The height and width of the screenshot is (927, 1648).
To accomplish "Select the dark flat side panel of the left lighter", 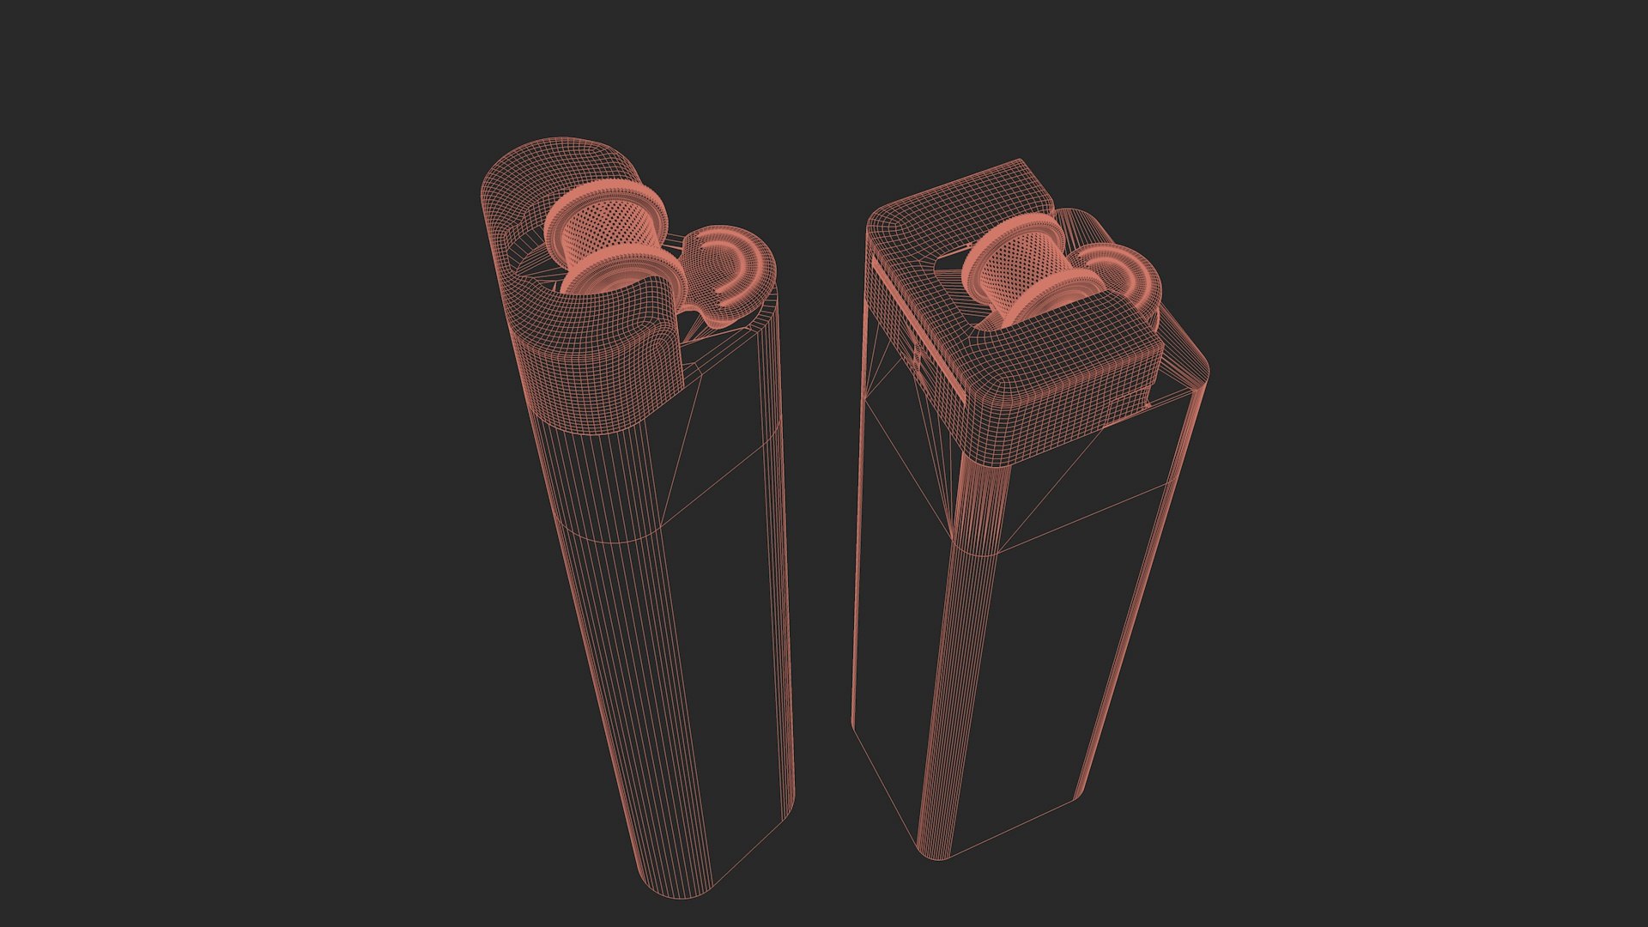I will coord(730,644).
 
